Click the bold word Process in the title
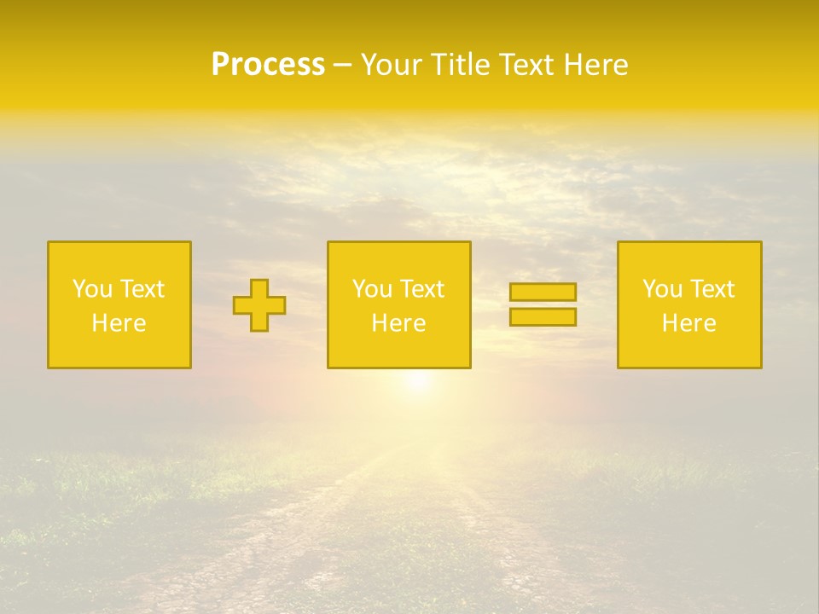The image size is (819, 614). point(268,65)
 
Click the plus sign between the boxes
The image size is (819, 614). point(259,305)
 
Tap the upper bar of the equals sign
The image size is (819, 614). point(543,292)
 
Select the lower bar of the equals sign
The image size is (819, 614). point(543,317)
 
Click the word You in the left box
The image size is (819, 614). point(92,289)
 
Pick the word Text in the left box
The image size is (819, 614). point(142,289)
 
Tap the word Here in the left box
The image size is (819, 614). point(119,323)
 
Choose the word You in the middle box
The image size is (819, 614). point(372,289)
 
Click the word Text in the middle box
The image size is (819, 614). point(421,289)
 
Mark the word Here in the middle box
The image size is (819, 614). point(398,323)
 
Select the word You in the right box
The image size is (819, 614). point(662,289)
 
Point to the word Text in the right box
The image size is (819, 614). point(712,289)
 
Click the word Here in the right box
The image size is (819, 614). point(688,323)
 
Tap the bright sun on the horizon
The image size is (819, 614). point(417,382)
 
